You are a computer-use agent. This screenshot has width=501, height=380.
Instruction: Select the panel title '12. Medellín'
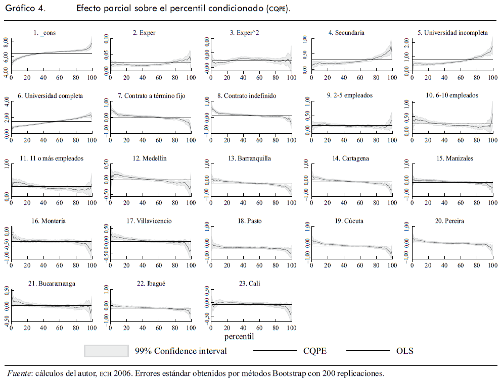tap(150, 158)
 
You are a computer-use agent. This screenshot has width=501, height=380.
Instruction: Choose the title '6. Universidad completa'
tap(50, 95)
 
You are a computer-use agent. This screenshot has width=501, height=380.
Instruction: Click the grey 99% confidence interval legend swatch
tap(106, 350)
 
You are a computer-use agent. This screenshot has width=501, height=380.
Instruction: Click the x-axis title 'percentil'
tap(239, 336)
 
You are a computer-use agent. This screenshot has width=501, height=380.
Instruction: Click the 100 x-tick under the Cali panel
tap(291, 328)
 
